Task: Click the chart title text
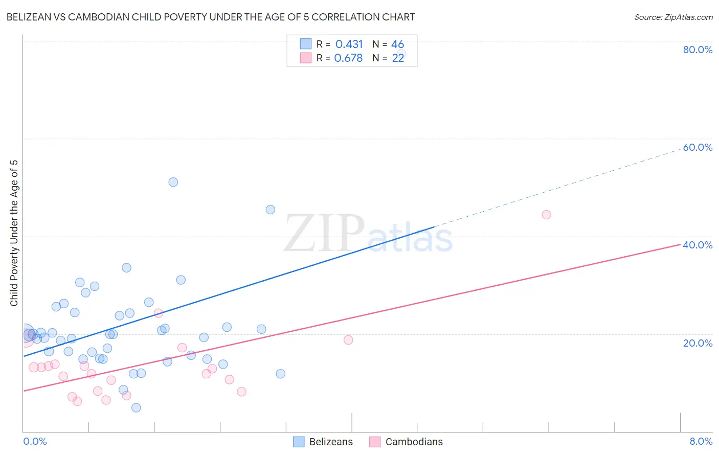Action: tap(210, 17)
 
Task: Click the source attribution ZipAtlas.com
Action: tap(673, 17)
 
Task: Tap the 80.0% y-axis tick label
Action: tap(698, 50)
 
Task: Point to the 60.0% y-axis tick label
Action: tap(698, 147)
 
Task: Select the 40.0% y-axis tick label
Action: tap(698, 245)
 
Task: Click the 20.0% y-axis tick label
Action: tap(698, 343)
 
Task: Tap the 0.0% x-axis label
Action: tap(35, 441)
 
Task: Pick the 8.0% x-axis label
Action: tap(701, 441)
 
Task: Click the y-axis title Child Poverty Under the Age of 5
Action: tap(14, 233)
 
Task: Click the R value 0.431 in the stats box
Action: tap(349, 44)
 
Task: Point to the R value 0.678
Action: tap(348, 58)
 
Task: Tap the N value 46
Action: tap(397, 44)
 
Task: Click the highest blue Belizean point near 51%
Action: tap(173, 182)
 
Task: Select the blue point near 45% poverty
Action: tap(271, 210)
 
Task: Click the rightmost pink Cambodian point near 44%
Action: tap(546, 215)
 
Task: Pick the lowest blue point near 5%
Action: tap(136, 407)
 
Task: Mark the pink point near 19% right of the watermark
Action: tap(348, 340)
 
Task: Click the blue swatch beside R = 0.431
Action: tap(306, 44)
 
